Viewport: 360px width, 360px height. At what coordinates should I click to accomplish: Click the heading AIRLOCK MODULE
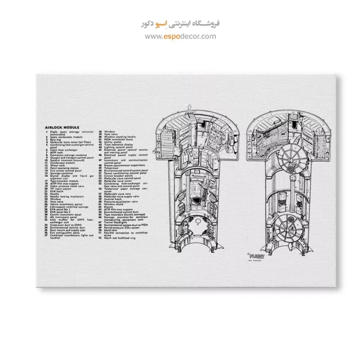(62, 127)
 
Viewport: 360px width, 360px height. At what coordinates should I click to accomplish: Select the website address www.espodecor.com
(180, 37)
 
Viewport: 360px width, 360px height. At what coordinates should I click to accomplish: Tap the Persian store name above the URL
(180, 23)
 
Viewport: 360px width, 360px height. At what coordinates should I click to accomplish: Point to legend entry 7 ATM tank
(56, 153)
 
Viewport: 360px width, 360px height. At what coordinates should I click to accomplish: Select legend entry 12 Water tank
(57, 166)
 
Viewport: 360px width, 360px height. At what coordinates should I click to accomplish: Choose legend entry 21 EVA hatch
(56, 191)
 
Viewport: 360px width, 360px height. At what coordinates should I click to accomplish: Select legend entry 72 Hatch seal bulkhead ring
(119, 238)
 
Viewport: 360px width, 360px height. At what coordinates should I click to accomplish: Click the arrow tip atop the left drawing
(189, 105)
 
